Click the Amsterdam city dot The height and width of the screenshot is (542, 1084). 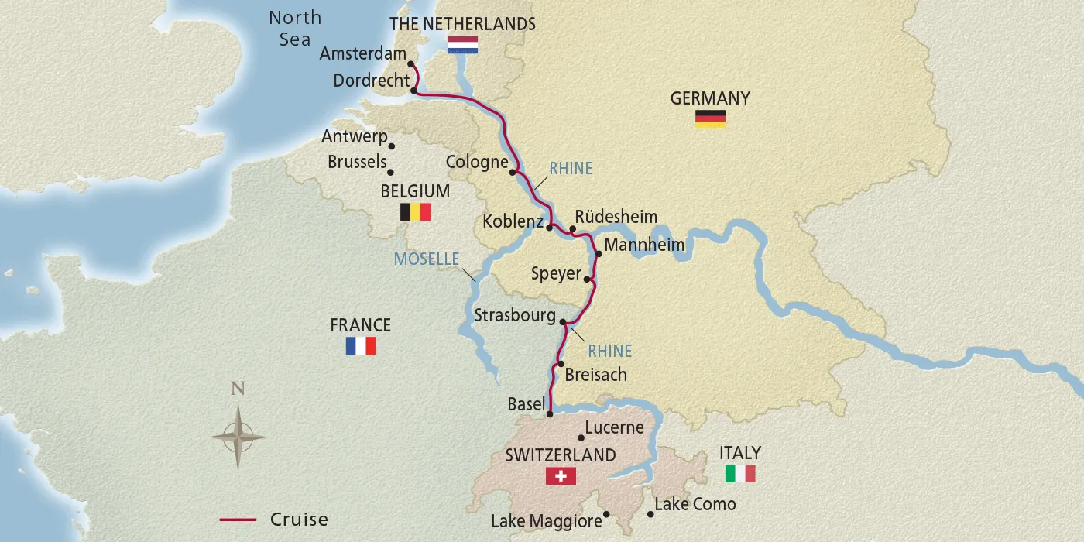(411, 64)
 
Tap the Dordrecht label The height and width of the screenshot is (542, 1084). (371, 81)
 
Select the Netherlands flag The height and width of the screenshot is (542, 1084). (462, 45)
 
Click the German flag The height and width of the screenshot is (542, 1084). (710, 118)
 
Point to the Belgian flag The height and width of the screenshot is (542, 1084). (415, 212)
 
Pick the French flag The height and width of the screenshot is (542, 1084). (361, 345)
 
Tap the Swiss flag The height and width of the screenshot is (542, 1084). (561, 475)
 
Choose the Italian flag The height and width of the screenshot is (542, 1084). (740, 473)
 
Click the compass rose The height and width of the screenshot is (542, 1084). (238, 437)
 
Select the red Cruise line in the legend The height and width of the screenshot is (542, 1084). (238, 520)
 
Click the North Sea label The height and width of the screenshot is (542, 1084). (294, 29)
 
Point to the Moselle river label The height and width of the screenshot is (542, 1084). (427, 259)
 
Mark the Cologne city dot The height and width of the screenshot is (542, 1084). (513, 172)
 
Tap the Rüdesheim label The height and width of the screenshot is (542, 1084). (616, 217)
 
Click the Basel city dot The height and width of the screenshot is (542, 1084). (550, 414)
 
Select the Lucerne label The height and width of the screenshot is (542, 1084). (614, 427)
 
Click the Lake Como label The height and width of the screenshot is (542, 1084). (695, 504)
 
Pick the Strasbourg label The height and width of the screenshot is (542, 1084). (515, 316)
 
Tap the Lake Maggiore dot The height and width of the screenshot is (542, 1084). (606, 513)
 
